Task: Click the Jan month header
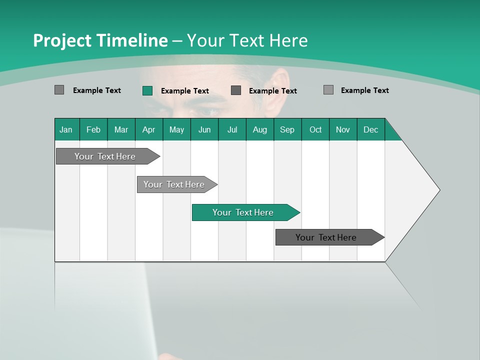pyautogui.click(x=66, y=129)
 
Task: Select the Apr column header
pyautogui.click(x=148, y=129)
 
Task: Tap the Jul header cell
pyautogui.click(x=232, y=129)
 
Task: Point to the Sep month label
pyautogui.click(x=287, y=129)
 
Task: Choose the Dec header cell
pyautogui.click(x=370, y=129)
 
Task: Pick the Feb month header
pyautogui.click(x=93, y=129)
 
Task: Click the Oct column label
pyautogui.click(x=315, y=129)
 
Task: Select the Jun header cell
pyautogui.click(x=204, y=129)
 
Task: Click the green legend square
pyautogui.click(x=147, y=90)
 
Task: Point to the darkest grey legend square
pyautogui.click(x=236, y=90)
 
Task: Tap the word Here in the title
pyautogui.click(x=288, y=40)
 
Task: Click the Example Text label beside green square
pyautogui.click(x=185, y=91)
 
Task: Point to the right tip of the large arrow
pyautogui.click(x=439, y=190)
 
